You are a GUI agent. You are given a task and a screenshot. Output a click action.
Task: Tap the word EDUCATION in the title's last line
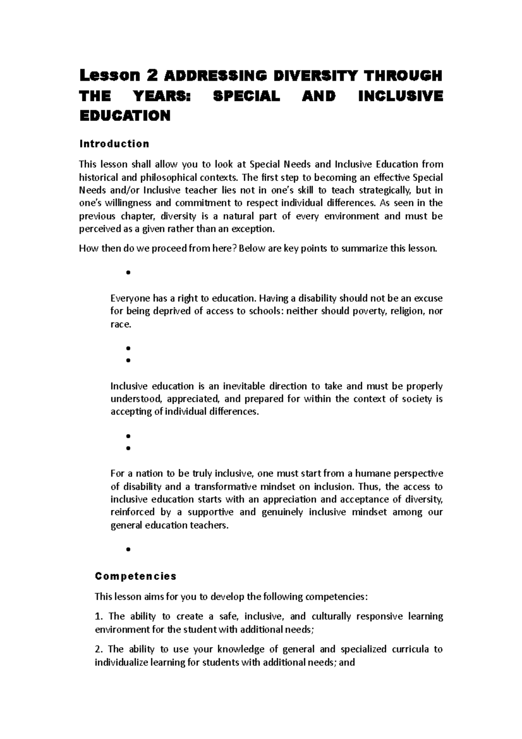(x=124, y=116)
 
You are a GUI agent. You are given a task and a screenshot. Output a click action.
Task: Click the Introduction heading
(x=114, y=144)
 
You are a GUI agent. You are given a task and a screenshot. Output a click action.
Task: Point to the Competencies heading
(x=136, y=576)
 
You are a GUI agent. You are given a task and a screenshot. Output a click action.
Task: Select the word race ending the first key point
(x=120, y=325)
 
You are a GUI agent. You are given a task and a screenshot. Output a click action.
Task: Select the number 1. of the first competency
(x=99, y=616)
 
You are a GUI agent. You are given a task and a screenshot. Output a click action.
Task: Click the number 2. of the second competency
(x=99, y=649)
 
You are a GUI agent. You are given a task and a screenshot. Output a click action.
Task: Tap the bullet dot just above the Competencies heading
(x=128, y=549)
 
